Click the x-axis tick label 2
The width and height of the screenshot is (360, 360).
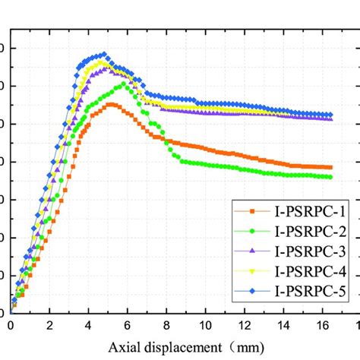point(49,324)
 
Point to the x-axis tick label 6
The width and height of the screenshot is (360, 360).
point(127,324)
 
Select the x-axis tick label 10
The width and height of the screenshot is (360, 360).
point(205,324)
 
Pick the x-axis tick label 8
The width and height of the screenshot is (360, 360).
point(166,324)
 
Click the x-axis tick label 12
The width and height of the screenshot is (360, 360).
point(244,324)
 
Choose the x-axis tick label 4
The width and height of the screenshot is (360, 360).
point(88,324)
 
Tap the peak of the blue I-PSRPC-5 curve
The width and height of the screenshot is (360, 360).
point(104,54)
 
